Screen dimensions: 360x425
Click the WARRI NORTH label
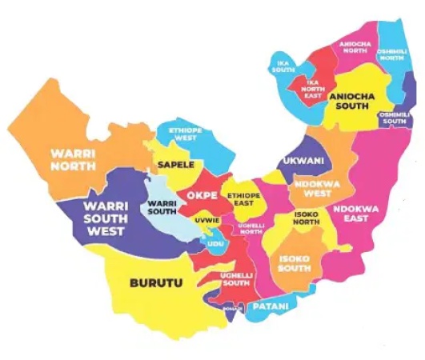[74, 159]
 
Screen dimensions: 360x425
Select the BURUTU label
[156, 282]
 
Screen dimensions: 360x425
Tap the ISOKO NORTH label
[309, 218]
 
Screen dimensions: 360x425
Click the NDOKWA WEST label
[314, 187]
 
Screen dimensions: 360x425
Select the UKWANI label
[303, 161]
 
